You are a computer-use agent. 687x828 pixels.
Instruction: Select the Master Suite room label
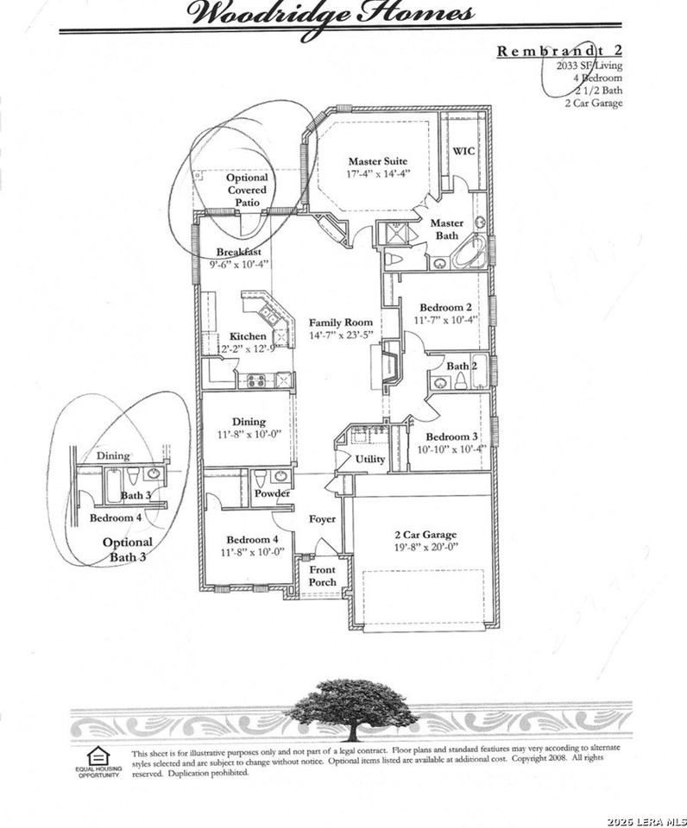tap(377, 161)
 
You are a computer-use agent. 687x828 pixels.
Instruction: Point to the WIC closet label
tap(463, 150)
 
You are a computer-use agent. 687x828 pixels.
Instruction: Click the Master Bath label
tap(446, 229)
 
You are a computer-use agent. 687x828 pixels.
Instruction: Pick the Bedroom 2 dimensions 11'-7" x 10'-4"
tap(445, 320)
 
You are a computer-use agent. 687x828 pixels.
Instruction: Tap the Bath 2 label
tap(457, 367)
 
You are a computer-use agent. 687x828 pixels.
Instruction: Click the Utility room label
tap(371, 460)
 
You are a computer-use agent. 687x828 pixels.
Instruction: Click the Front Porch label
tap(322, 576)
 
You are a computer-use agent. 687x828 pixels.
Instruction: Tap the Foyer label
tap(322, 519)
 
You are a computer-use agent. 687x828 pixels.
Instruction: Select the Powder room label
tap(272, 493)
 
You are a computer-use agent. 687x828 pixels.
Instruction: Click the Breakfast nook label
tap(239, 252)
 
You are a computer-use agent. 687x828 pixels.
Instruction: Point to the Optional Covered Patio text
tap(247, 190)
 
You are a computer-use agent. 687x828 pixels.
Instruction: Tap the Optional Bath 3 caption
tap(128, 549)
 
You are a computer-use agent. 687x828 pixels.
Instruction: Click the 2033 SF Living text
tap(587, 65)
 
